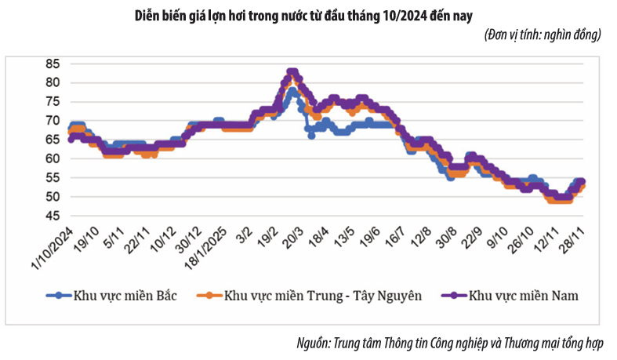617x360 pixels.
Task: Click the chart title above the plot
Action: coord(309,14)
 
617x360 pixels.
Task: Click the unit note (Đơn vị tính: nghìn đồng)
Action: coord(542,35)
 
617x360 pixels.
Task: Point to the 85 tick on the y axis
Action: coord(53,64)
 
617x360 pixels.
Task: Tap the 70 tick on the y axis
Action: coord(53,121)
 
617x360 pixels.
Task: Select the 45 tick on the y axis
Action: coord(53,216)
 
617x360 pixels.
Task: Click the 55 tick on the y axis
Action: coord(53,177)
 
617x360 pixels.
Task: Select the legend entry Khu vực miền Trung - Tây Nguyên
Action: coord(314,296)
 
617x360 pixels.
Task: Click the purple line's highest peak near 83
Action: coord(292,72)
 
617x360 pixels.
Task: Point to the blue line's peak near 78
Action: coord(292,91)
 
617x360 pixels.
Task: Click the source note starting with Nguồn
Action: coord(455,343)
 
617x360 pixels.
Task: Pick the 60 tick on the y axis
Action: coord(53,158)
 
